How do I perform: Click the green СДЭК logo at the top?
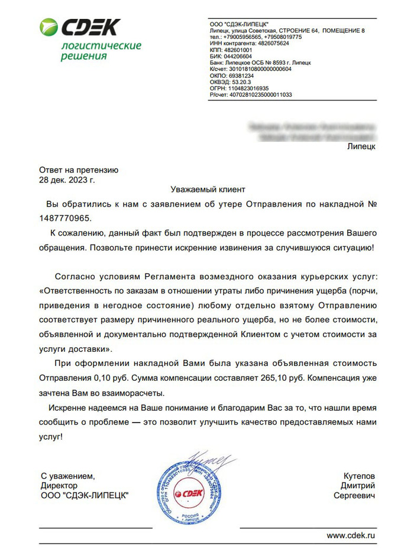tap(79, 27)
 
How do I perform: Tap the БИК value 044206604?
tap(238, 56)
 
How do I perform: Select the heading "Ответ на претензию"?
tap(79, 169)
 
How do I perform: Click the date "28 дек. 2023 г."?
tap(66, 178)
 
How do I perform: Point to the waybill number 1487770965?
tap(66, 217)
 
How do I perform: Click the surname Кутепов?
tap(360, 475)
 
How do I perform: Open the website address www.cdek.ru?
tap(351, 535)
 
